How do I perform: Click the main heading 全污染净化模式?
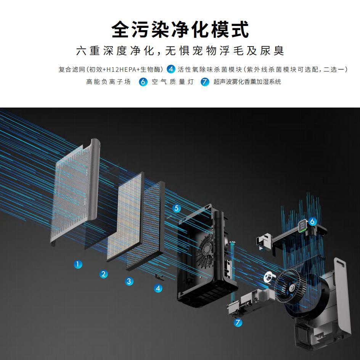click(x=180, y=29)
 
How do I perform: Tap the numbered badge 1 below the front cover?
click(x=79, y=264)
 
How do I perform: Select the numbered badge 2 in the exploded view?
click(x=104, y=273)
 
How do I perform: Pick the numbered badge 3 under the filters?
click(x=130, y=281)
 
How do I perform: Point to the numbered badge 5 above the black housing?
click(x=176, y=208)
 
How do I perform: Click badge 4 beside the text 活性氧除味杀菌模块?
click(x=171, y=69)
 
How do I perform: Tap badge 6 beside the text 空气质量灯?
click(x=143, y=82)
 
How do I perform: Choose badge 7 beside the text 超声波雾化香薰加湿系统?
click(x=205, y=82)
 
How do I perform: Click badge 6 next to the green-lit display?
click(x=312, y=221)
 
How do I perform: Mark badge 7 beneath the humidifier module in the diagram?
click(x=238, y=322)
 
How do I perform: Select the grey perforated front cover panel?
click(x=76, y=191)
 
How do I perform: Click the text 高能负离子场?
click(x=108, y=82)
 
